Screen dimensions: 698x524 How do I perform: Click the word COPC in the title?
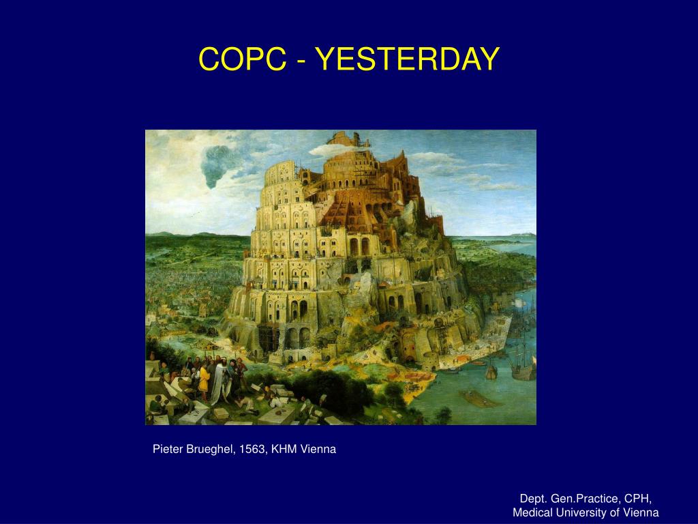click(x=243, y=59)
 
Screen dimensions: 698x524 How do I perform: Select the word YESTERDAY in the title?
click(x=408, y=59)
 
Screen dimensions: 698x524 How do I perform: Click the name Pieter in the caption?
click(x=168, y=449)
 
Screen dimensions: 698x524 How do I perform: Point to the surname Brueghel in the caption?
click(x=211, y=449)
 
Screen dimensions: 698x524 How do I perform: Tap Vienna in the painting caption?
click(x=318, y=449)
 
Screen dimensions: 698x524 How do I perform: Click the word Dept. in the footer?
click(x=534, y=499)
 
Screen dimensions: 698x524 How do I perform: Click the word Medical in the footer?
click(x=530, y=512)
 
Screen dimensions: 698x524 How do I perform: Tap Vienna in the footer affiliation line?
click(x=641, y=512)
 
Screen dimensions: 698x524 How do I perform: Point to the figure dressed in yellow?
click(x=204, y=379)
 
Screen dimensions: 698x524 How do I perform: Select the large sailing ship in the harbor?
click(x=523, y=363)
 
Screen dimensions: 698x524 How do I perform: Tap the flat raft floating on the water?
click(x=480, y=398)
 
